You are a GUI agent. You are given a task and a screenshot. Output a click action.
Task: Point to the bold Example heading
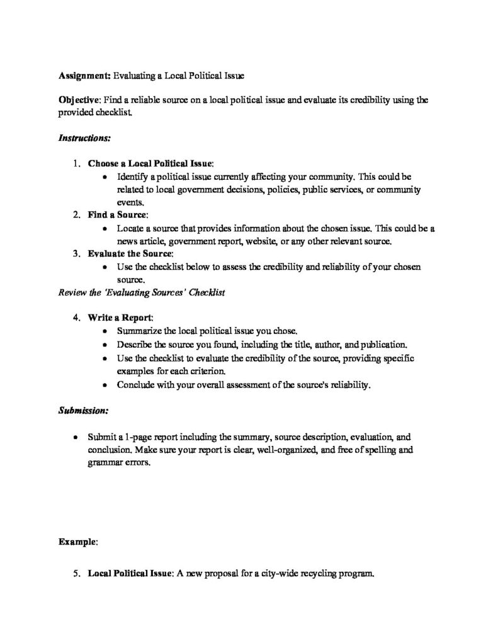click(x=77, y=540)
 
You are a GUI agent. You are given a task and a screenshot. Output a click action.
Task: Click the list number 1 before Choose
click(x=76, y=164)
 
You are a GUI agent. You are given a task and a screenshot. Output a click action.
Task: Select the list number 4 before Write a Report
click(x=76, y=317)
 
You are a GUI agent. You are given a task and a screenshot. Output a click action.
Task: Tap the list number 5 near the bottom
click(x=76, y=574)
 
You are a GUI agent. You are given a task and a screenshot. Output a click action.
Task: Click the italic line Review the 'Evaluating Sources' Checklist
click(x=142, y=292)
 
